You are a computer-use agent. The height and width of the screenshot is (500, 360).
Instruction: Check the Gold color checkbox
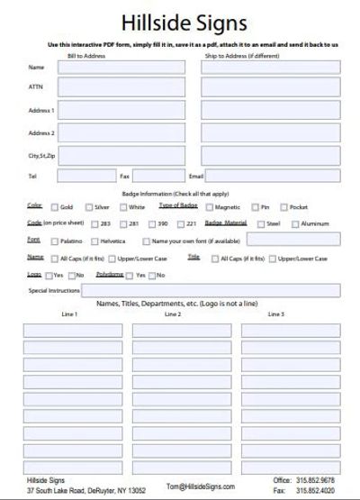tap(54, 207)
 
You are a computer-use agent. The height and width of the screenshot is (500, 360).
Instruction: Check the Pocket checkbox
tap(283, 207)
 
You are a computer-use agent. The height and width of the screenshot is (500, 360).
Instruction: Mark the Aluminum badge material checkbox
tap(295, 223)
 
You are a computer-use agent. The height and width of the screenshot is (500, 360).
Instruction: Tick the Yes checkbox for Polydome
tap(130, 275)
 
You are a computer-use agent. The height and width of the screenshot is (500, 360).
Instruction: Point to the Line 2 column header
tap(173, 314)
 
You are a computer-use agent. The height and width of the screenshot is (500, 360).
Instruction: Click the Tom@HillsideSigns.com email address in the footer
tap(200, 486)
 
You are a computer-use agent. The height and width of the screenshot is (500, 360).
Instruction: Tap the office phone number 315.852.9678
tap(315, 479)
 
